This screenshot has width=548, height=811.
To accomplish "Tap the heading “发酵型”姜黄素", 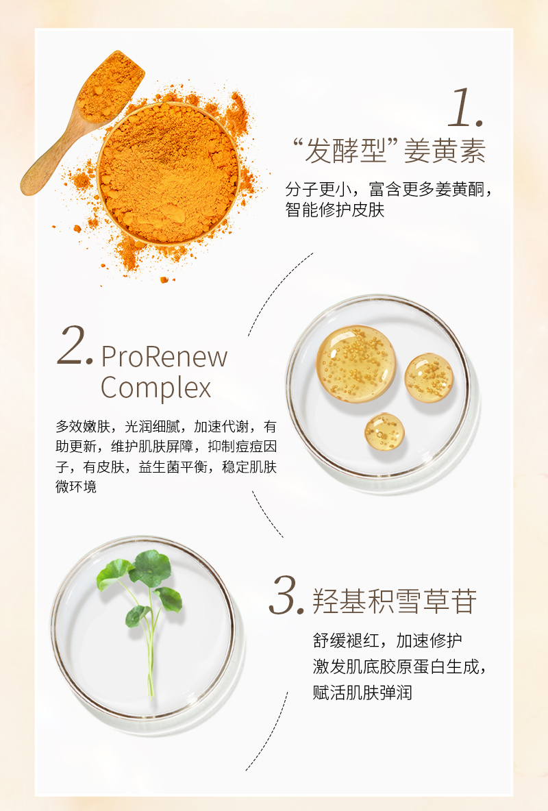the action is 389,151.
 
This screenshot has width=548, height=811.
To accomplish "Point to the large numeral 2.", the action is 75,345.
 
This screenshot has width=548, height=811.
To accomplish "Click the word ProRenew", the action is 164,357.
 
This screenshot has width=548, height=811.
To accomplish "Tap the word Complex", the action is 155,388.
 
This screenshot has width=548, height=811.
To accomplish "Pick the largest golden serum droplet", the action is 356,364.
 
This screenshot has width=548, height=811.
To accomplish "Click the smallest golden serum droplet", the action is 384,432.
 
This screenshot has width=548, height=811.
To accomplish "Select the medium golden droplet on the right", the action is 429,377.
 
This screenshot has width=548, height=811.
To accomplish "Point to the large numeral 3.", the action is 286,596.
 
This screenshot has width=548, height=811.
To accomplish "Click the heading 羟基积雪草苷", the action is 395,601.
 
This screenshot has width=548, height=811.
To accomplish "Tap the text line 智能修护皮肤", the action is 335,210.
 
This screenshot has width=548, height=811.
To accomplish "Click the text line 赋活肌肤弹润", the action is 362,692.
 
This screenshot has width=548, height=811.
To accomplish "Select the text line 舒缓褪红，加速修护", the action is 388,640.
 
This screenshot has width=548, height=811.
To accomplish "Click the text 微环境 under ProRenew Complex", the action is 76,487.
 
